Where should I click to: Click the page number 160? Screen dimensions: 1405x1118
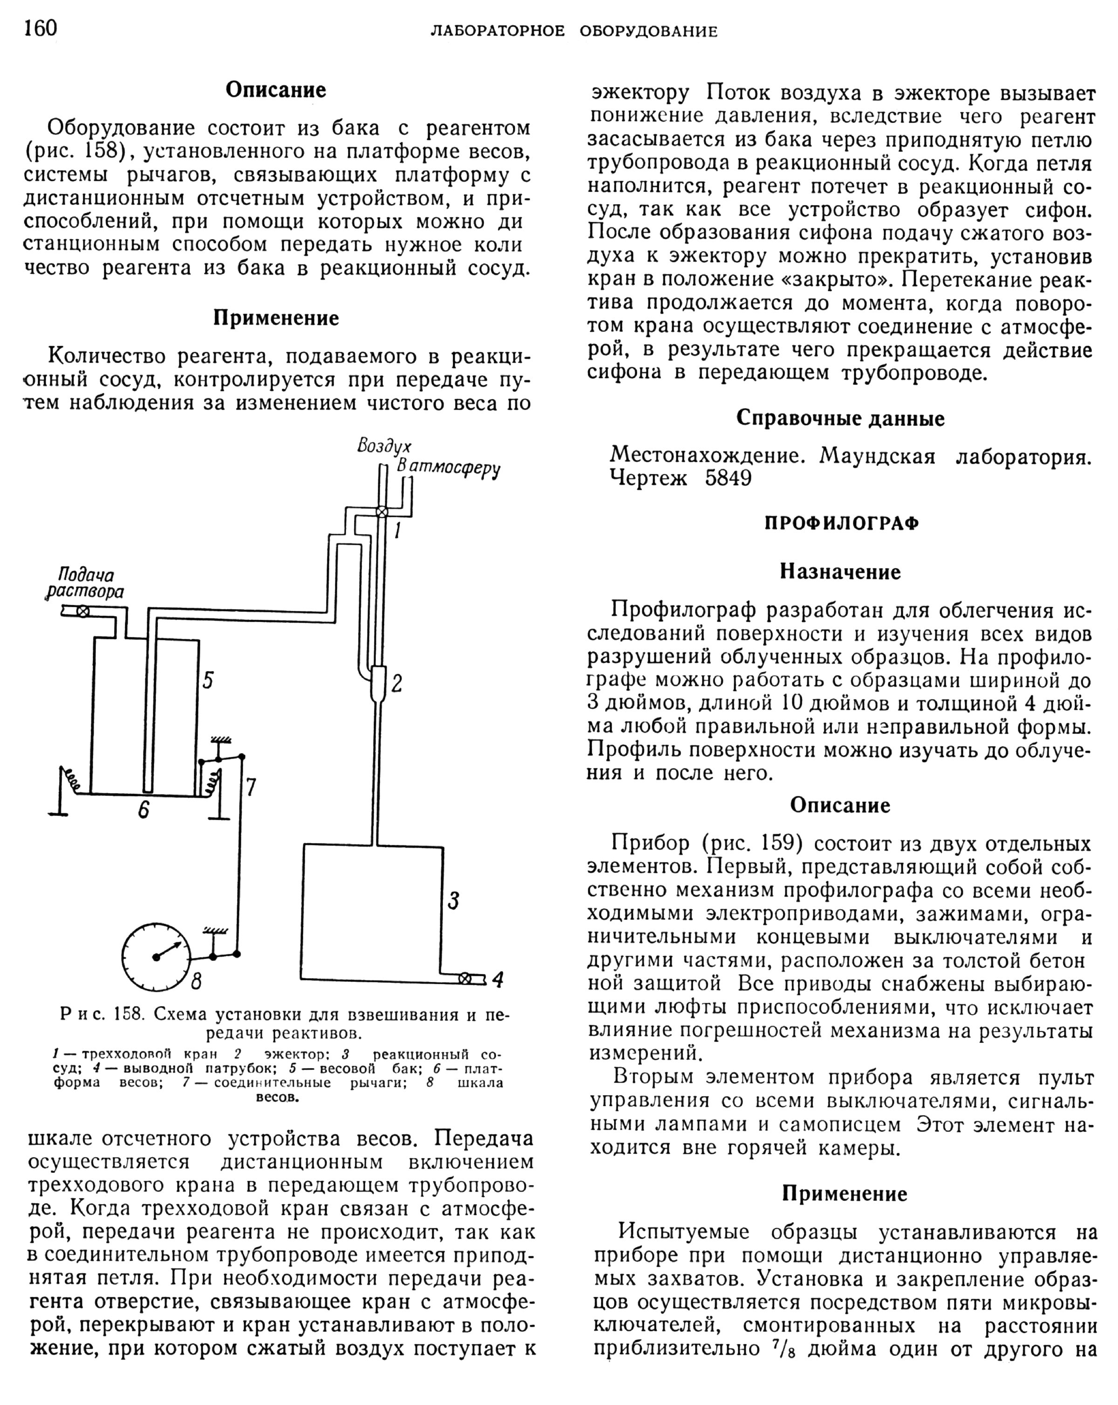(x=41, y=29)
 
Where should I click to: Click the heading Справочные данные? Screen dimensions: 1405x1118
(x=840, y=418)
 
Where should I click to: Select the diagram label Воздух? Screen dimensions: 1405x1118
(x=384, y=446)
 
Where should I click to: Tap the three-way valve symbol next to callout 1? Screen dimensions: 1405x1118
(x=382, y=512)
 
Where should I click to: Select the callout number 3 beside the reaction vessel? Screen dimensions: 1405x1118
(x=453, y=901)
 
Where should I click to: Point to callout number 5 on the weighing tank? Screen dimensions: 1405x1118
(x=207, y=681)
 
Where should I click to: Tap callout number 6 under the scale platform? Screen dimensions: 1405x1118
(x=144, y=810)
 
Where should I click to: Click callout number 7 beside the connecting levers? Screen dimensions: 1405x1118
(x=251, y=787)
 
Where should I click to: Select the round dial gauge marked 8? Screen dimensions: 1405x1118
(x=157, y=957)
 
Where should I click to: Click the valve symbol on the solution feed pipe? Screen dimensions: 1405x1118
(x=83, y=611)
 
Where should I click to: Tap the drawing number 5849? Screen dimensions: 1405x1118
(x=728, y=478)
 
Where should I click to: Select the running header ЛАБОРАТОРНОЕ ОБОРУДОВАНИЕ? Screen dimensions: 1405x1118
(x=573, y=31)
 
